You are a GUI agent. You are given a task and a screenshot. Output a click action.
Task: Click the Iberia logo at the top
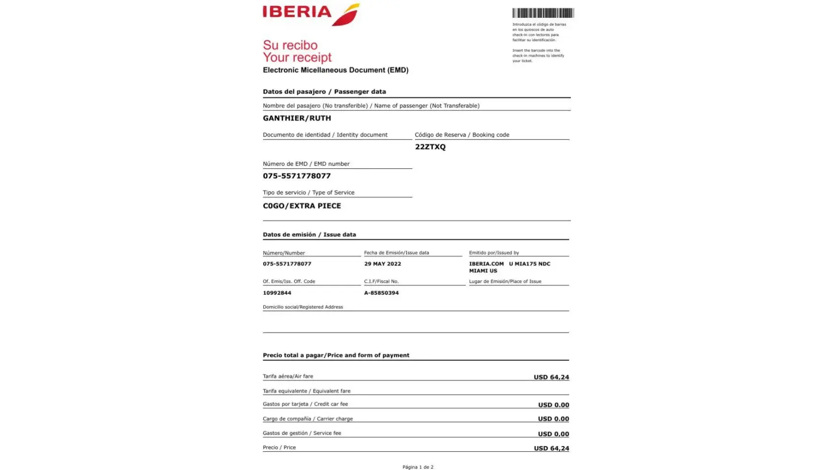pyautogui.click(x=311, y=14)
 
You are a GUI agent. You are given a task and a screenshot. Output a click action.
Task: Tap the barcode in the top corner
pyautogui.click(x=543, y=13)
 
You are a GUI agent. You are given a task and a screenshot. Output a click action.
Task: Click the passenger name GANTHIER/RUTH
pyautogui.click(x=297, y=118)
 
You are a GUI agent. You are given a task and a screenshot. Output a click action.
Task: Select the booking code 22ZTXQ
pyautogui.click(x=430, y=147)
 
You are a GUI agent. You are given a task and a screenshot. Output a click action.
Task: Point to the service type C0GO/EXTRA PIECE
pyautogui.click(x=302, y=206)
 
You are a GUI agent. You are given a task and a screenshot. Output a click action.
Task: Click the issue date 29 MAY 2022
pyautogui.click(x=382, y=264)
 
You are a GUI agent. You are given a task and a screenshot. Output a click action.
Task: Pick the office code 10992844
pyautogui.click(x=277, y=293)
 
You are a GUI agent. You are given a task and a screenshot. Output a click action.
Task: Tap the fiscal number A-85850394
pyautogui.click(x=381, y=293)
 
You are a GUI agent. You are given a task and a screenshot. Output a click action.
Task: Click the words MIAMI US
pyautogui.click(x=483, y=271)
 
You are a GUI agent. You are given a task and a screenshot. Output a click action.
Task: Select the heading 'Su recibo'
pyautogui.click(x=290, y=46)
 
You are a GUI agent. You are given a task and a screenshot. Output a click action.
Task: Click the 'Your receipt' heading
pyautogui.click(x=297, y=58)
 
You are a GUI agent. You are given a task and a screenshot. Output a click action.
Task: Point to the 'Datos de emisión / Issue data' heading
pyautogui.click(x=309, y=235)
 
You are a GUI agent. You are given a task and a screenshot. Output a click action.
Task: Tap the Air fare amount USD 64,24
pyautogui.click(x=551, y=377)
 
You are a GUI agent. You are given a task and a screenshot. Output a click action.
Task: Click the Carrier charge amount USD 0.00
pyautogui.click(x=553, y=419)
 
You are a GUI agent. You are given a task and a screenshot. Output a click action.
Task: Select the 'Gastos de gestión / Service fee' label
pyautogui.click(x=302, y=433)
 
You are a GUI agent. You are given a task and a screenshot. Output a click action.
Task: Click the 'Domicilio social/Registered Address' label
pyautogui.click(x=303, y=307)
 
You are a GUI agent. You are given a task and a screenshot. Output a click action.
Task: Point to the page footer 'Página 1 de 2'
pyautogui.click(x=418, y=467)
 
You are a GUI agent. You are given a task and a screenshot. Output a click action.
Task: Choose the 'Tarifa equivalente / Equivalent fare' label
pyautogui.click(x=307, y=391)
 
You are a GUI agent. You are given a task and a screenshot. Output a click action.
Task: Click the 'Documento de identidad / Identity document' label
pyautogui.click(x=325, y=135)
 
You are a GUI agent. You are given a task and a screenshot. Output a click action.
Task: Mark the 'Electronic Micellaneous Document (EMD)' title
pyautogui.click(x=336, y=70)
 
